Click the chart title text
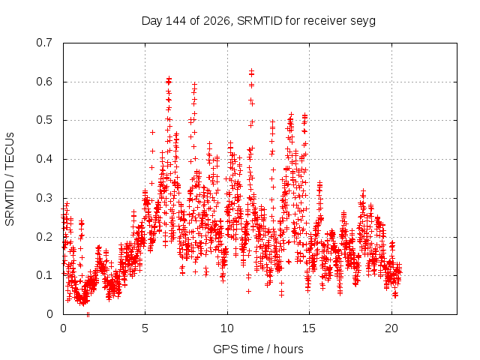pos(258,21)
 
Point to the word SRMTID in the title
pos(259,21)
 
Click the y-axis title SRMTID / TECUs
pos(10,179)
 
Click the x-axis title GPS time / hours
pos(258,349)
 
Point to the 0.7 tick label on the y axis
pos(44,43)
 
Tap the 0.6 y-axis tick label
pos(44,82)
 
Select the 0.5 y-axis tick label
pos(44,120)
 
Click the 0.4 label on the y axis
pos(44,159)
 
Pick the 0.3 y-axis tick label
pos(44,198)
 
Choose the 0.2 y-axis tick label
pos(44,237)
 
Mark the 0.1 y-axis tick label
pos(44,275)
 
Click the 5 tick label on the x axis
pos(145,328)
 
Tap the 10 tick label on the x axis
pos(227,328)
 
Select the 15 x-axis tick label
pos(309,328)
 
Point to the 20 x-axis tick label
pos(391,328)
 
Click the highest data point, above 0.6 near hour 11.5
pos(251,70)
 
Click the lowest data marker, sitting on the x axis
pos(88,314)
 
